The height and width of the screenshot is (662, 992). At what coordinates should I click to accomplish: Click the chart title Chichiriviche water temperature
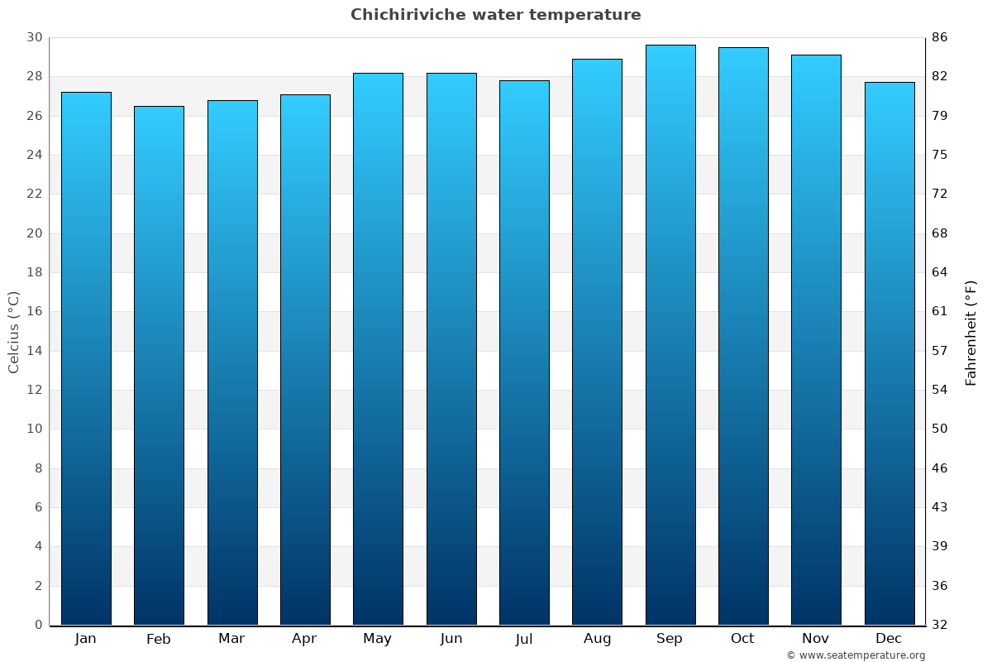pyautogui.click(x=495, y=15)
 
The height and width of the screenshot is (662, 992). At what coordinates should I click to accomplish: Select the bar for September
pyautogui.click(x=670, y=335)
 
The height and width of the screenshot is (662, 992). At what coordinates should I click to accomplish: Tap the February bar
pyautogui.click(x=159, y=365)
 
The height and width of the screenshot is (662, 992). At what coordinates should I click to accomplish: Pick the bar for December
pyautogui.click(x=889, y=353)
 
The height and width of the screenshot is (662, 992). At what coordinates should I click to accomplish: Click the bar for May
pyautogui.click(x=378, y=348)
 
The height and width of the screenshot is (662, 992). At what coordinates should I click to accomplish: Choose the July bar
pyautogui.click(x=524, y=353)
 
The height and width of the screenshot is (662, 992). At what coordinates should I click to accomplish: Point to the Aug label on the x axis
pyautogui.click(x=597, y=639)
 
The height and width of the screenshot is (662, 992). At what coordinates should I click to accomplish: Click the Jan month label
pyautogui.click(x=85, y=639)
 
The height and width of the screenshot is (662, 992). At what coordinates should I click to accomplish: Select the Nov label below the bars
pyautogui.click(x=815, y=639)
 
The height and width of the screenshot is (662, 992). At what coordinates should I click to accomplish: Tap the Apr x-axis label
pyautogui.click(x=304, y=639)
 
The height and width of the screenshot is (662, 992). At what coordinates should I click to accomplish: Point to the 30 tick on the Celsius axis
pyautogui.click(x=34, y=37)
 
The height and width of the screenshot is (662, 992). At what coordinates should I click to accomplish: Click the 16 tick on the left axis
pyautogui.click(x=34, y=312)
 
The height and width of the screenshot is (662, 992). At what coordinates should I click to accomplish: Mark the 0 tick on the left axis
pyautogui.click(x=38, y=625)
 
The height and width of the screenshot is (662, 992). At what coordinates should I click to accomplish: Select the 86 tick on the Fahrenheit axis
pyautogui.click(x=940, y=37)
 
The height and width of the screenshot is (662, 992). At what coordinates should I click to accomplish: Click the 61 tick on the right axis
pyautogui.click(x=940, y=312)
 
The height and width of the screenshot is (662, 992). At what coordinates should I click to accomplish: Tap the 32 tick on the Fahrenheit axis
pyautogui.click(x=940, y=625)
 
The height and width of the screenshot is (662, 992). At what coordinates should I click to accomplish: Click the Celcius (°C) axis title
pyautogui.click(x=13, y=332)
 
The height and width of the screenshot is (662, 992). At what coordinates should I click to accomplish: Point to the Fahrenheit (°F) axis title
pyautogui.click(x=971, y=332)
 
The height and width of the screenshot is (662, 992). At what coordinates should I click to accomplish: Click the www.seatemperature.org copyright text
pyautogui.click(x=856, y=655)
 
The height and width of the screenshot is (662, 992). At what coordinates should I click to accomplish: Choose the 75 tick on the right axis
pyautogui.click(x=940, y=155)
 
